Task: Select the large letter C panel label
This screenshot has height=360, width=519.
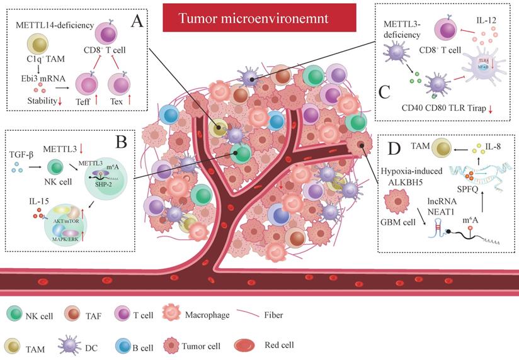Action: tap(385, 93)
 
